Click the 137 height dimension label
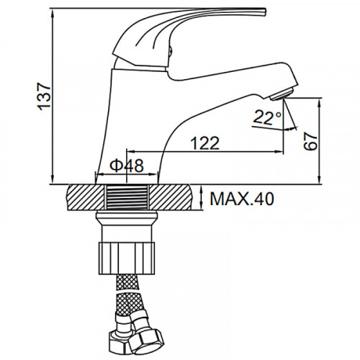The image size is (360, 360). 45,96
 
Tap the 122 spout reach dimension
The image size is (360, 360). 204,143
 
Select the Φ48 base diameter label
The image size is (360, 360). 127,166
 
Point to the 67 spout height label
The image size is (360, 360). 310,141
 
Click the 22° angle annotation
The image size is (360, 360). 267,117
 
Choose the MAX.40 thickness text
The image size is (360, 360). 242,199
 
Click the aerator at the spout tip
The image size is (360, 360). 282,94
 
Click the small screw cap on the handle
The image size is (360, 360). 170,50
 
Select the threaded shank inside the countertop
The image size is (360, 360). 127,197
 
